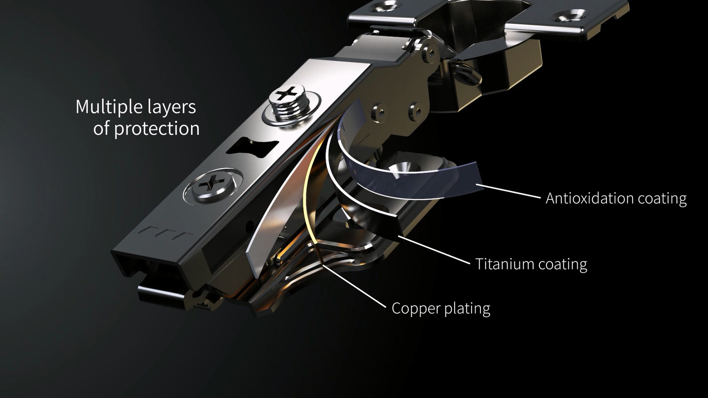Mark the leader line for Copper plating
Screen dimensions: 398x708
tap(355, 284)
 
